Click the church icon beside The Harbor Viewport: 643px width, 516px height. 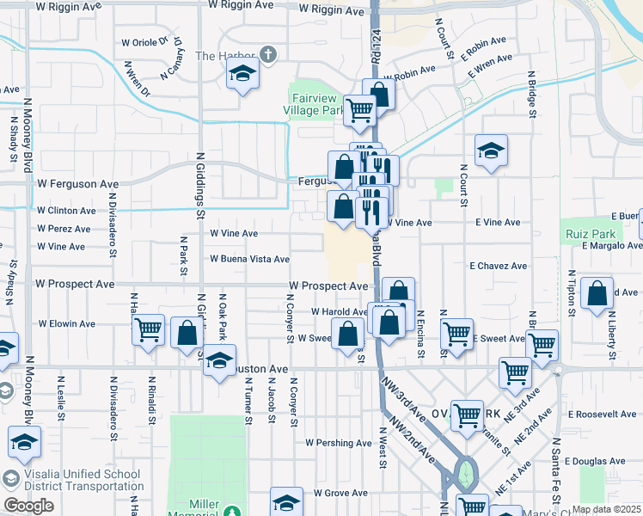pos(268,56)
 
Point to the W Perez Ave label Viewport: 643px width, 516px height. pos(64,229)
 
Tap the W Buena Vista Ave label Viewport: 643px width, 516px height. pos(249,259)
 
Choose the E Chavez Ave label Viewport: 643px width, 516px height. pos(498,267)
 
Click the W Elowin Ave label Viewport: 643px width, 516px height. pos(67,324)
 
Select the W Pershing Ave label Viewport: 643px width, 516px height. pos(339,443)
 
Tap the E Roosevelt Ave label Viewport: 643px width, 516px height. pos(602,414)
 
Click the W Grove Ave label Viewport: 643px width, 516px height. pos(340,494)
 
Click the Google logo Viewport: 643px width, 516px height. pos(28,506)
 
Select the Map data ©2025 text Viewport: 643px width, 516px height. pos(606,509)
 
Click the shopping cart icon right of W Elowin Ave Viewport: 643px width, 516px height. pos(149,328)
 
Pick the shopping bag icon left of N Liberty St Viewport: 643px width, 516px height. pos(597,292)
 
